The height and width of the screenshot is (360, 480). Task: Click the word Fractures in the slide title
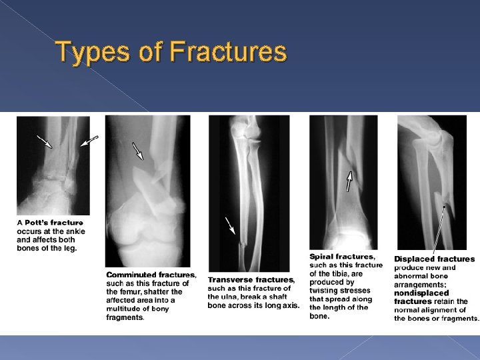(228, 51)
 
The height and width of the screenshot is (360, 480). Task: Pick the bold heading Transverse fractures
(251, 279)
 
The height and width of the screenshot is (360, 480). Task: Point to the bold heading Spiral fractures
(342, 257)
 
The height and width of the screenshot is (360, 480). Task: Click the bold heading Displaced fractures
(435, 259)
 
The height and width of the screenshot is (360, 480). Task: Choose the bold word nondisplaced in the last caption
(421, 293)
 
